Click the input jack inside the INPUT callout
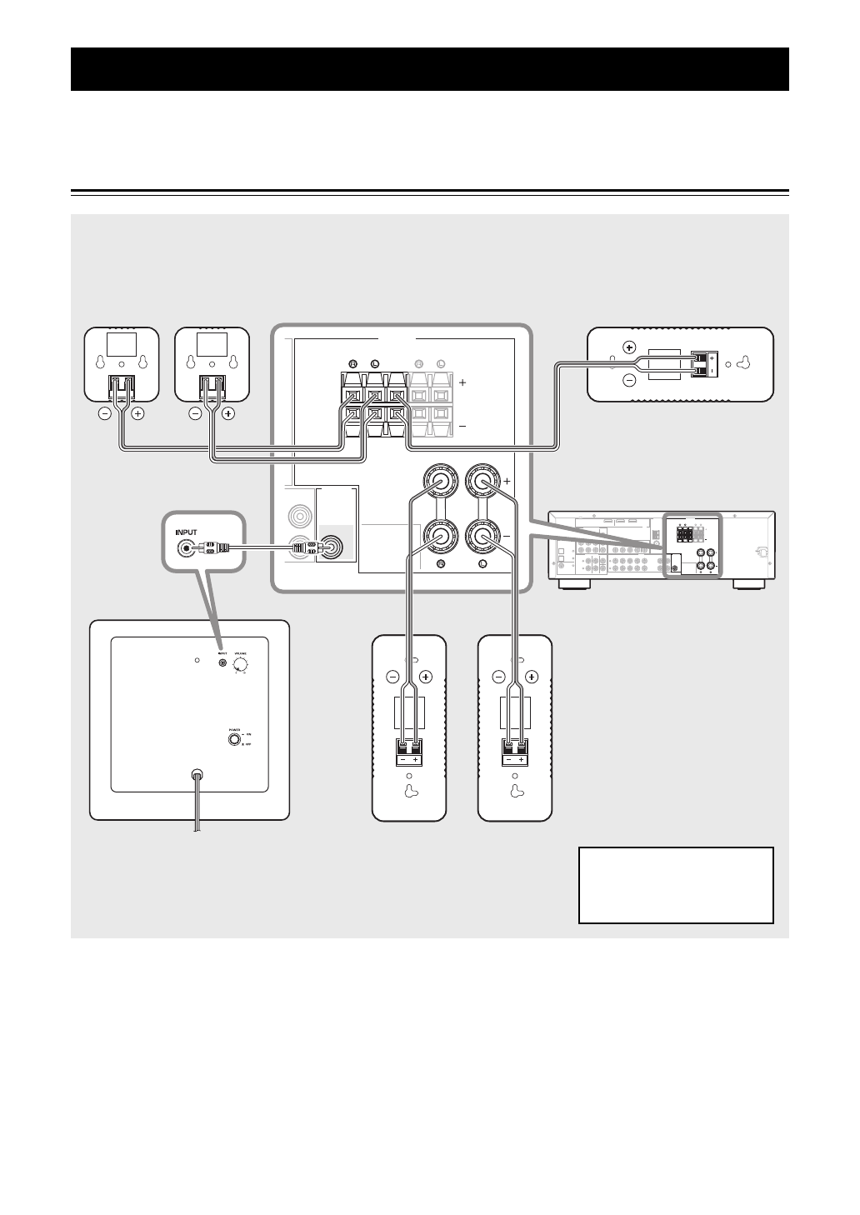(182, 548)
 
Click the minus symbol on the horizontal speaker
(629, 381)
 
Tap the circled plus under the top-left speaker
(137, 412)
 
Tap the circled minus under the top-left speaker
(104, 412)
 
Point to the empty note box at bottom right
(676, 885)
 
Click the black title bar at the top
(430, 68)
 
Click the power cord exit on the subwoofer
(197, 775)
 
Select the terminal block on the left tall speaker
(408, 752)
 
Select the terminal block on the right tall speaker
(515, 752)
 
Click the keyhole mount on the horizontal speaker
(745, 363)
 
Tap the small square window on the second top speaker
(212, 342)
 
